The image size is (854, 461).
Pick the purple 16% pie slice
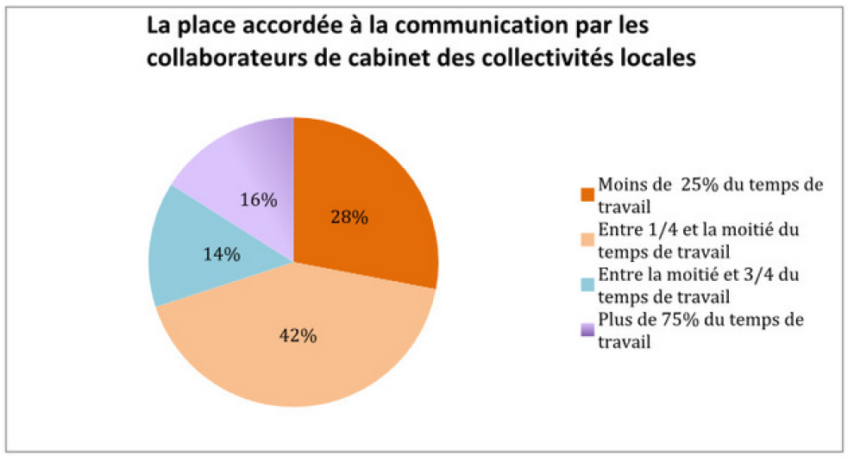(x=233, y=164)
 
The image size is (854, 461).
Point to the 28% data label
(x=349, y=217)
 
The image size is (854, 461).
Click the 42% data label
(x=298, y=336)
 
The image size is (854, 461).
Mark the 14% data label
(x=221, y=255)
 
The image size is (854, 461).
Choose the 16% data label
(x=259, y=200)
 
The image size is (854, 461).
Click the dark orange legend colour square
(x=587, y=193)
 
